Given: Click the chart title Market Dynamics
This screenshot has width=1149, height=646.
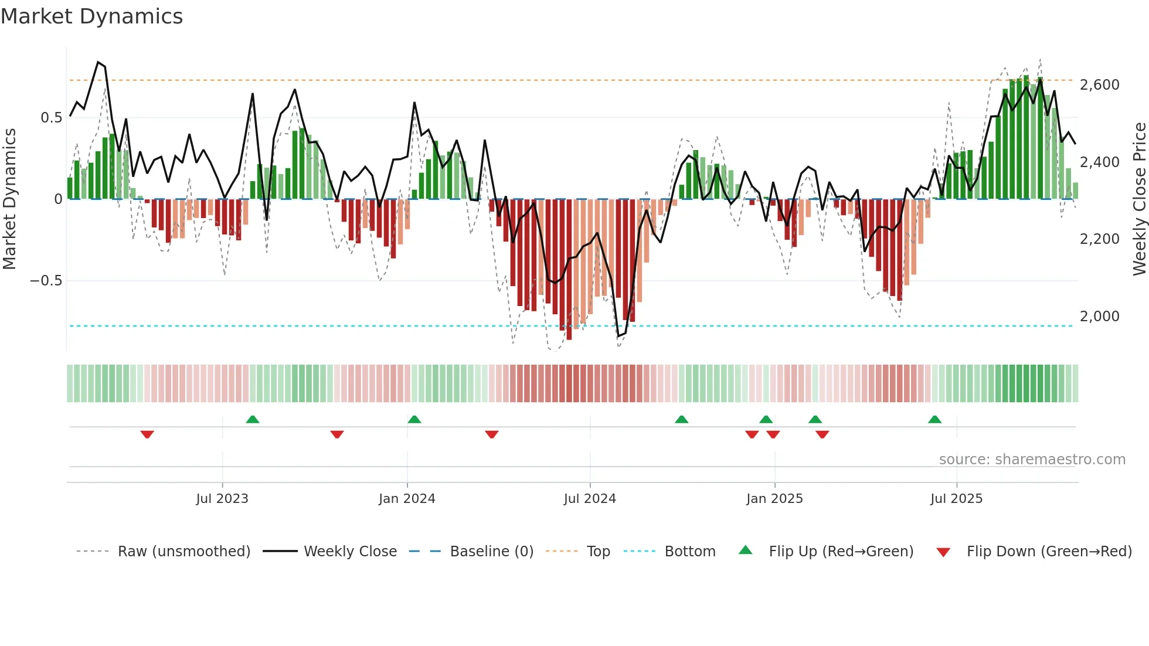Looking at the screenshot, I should pyautogui.click(x=91, y=16).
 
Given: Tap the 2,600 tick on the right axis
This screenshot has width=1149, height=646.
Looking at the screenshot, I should pyautogui.click(x=1099, y=85).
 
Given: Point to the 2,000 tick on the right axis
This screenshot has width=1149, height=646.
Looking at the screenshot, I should pyautogui.click(x=1099, y=317).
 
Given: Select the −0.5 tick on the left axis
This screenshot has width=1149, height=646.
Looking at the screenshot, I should pyautogui.click(x=46, y=281).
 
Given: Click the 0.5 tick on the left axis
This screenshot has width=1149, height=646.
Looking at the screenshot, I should pyautogui.click(x=51, y=118).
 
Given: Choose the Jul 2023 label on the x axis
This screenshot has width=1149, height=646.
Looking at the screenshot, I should pyautogui.click(x=222, y=499).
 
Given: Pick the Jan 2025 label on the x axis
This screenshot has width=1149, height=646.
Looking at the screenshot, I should pyautogui.click(x=774, y=499).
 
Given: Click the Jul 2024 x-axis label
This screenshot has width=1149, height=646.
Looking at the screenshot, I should pyautogui.click(x=590, y=499).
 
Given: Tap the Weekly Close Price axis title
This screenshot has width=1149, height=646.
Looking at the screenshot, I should pyautogui.click(x=1139, y=199).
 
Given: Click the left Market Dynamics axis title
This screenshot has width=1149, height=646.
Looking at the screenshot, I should pyautogui.click(x=9, y=199).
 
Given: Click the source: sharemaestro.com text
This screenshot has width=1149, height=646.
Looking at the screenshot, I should pyautogui.click(x=1032, y=460).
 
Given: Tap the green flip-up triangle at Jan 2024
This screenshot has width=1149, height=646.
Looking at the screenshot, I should pyautogui.click(x=414, y=419).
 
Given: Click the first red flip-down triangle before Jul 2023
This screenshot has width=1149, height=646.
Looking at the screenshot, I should pyautogui.click(x=147, y=434).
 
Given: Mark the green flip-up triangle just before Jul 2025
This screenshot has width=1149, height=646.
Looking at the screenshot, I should pyautogui.click(x=934, y=419).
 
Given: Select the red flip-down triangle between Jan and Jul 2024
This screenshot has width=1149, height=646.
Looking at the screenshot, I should pyautogui.click(x=492, y=434).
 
